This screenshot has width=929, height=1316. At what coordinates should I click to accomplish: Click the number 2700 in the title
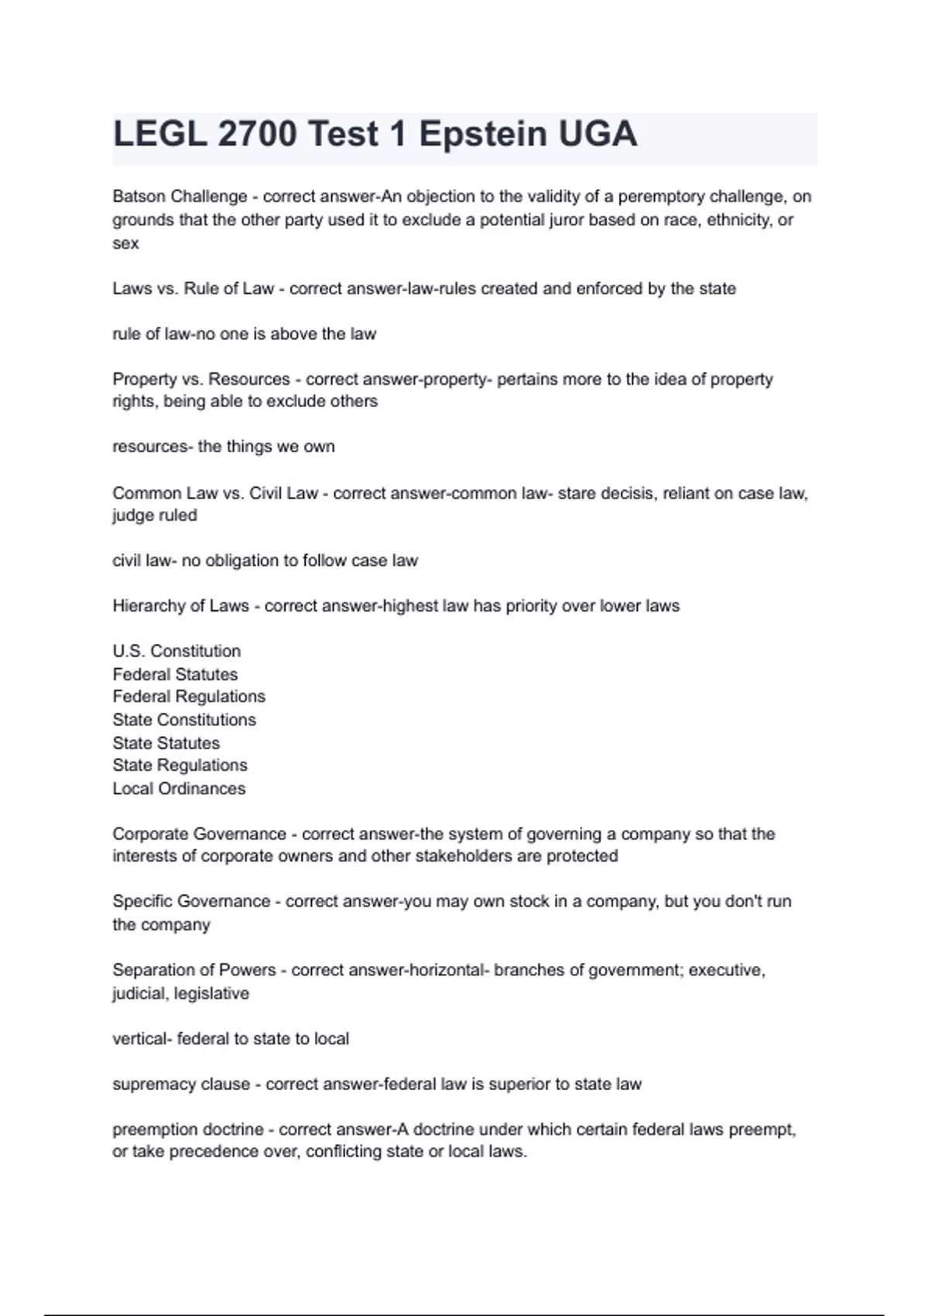(257, 135)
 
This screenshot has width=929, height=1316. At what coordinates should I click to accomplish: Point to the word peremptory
(660, 197)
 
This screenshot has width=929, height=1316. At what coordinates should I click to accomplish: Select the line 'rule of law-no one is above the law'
(244, 334)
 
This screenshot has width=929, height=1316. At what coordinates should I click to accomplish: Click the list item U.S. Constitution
(177, 651)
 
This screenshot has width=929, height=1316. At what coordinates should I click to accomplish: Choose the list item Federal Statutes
(175, 674)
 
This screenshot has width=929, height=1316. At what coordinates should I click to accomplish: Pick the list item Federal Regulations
(189, 697)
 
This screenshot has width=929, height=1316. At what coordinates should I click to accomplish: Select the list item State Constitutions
(184, 720)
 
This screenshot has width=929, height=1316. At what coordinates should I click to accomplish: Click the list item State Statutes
(166, 743)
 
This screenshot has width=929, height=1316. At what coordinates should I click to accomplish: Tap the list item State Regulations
(180, 766)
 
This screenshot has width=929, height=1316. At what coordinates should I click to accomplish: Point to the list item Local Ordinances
(179, 789)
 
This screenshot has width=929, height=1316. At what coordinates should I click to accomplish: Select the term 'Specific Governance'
(190, 902)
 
